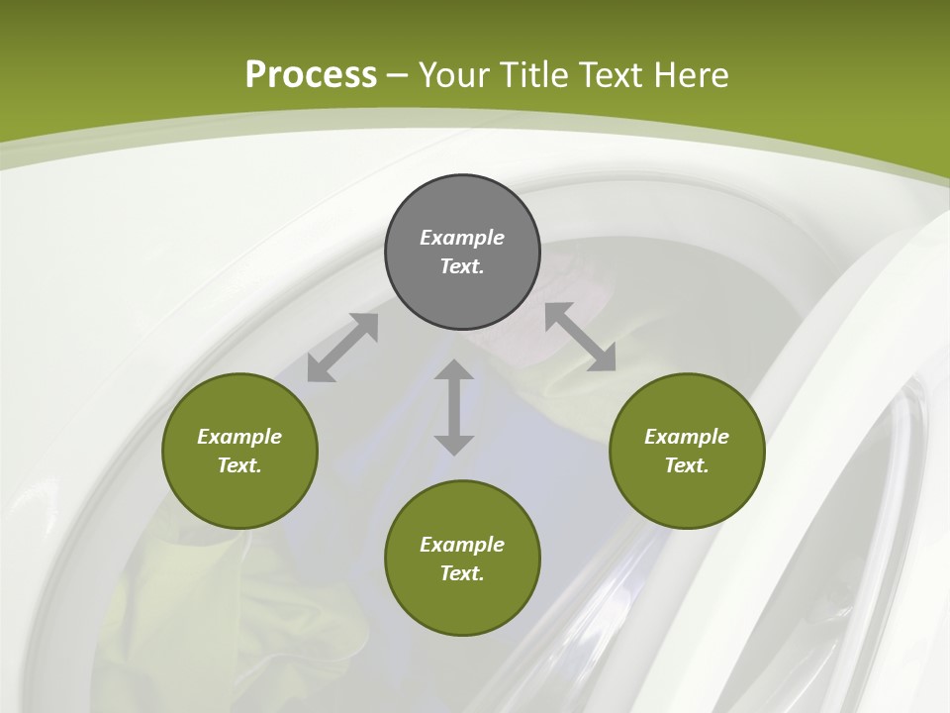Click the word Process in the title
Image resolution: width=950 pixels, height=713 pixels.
(311, 75)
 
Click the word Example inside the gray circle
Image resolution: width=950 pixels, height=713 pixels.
(462, 238)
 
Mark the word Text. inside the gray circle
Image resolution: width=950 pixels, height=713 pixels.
(462, 266)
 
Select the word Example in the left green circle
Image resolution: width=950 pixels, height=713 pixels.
(239, 437)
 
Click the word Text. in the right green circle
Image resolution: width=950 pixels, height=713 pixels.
(687, 465)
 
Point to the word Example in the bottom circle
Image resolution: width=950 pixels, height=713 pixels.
(462, 545)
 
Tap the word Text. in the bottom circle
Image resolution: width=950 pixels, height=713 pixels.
(462, 573)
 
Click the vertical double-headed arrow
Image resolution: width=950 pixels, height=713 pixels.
(454, 407)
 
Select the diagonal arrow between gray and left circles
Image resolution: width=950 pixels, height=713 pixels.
(342, 348)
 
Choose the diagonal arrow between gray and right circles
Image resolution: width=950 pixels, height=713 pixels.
(580, 338)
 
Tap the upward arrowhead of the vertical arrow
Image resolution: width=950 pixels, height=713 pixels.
(454, 370)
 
